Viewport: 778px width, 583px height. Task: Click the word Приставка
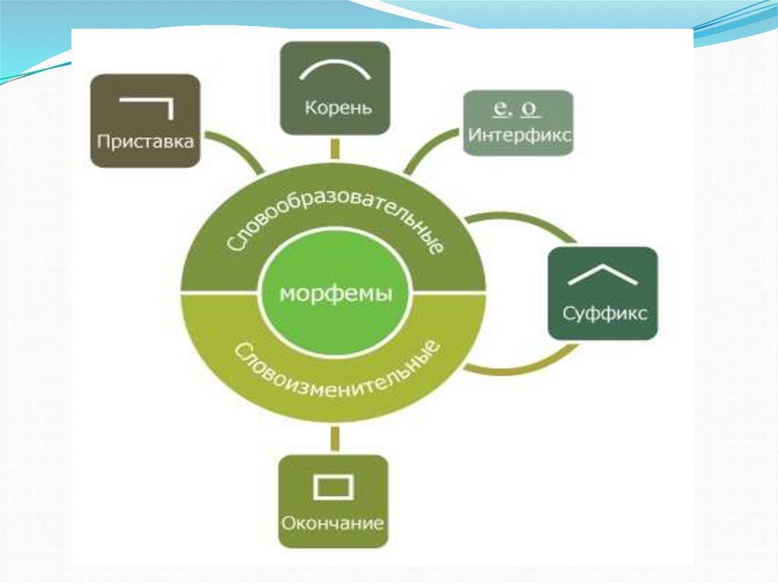pyautogui.click(x=145, y=142)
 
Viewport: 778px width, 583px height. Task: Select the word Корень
pyautogui.click(x=338, y=107)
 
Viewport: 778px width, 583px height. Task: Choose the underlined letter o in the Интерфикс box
pyautogui.click(x=532, y=109)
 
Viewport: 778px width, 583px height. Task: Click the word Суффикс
pyautogui.click(x=605, y=312)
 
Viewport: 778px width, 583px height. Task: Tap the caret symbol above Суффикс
pyautogui.click(x=602, y=274)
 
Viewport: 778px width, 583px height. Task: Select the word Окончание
pyautogui.click(x=332, y=524)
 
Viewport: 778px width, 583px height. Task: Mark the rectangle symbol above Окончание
pyautogui.click(x=334, y=486)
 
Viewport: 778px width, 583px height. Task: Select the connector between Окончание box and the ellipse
pyautogui.click(x=334, y=440)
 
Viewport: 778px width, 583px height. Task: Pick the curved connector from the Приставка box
pyautogui.click(x=239, y=150)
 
